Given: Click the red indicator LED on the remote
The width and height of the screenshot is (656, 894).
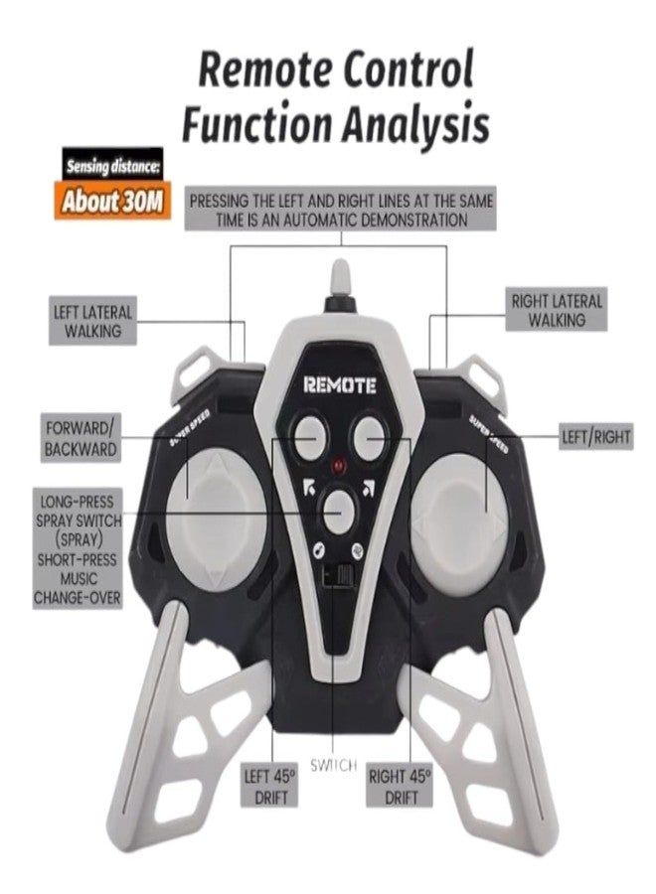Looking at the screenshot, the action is (339, 466).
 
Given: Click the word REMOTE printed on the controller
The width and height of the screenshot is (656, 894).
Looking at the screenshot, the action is (339, 385).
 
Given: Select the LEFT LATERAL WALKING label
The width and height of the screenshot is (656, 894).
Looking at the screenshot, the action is (92, 321).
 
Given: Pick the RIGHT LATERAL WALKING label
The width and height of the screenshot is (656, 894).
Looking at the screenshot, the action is (557, 310).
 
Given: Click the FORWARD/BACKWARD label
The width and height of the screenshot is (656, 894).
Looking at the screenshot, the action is (81, 438).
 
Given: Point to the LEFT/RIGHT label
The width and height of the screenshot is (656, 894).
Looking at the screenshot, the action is (595, 438).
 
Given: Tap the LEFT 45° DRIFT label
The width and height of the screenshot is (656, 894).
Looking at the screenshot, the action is (270, 787).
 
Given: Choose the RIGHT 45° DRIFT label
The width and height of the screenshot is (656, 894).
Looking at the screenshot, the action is (400, 787).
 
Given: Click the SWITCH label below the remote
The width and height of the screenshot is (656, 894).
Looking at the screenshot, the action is (334, 765).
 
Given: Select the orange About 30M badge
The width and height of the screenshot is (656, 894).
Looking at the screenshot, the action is (112, 202).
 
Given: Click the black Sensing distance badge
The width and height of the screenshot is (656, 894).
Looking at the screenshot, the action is (112, 166).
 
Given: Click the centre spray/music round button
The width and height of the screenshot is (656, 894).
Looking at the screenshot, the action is (339, 511).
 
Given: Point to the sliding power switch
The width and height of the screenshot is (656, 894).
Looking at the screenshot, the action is (336, 575).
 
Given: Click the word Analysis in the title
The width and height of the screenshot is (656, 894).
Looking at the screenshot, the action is (415, 123).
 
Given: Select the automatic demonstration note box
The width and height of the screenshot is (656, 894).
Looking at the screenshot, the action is (340, 210).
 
